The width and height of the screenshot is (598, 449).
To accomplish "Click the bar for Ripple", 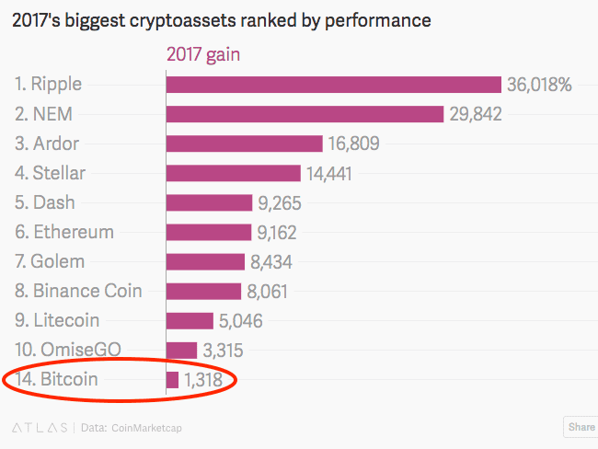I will tap(334, 85).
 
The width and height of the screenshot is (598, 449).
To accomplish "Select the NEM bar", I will tap(305, 114).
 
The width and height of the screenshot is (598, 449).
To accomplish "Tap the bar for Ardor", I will tap(244, 144).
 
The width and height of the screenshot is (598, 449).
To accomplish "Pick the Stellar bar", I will tap(234, 173).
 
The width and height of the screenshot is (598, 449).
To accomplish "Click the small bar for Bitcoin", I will tap(172, 380).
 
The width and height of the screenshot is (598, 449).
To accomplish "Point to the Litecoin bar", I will tap(190, 321).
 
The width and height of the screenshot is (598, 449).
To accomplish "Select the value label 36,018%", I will tap(539, 85).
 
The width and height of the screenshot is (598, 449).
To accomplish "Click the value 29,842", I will tap(475, 114).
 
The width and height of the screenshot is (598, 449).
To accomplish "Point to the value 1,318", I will tap(202, 380).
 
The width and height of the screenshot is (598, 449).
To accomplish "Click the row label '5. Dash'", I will tap(45, 202).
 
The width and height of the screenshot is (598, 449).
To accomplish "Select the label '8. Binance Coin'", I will tap(78, 291).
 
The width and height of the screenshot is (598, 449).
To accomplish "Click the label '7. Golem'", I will tap(52, 261).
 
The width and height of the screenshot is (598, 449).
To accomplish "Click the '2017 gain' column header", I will tap(202, 54).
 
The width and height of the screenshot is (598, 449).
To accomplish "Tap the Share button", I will tap(581, 427).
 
